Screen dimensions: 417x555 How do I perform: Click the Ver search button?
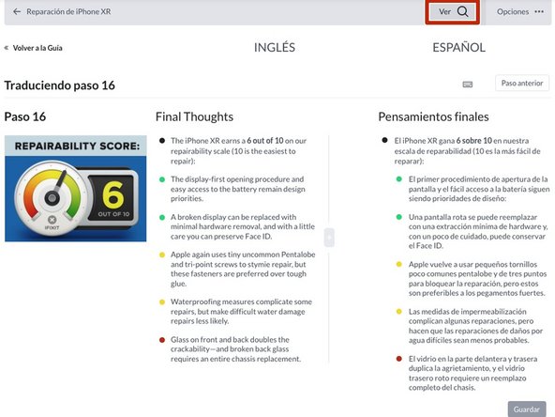(453, 12)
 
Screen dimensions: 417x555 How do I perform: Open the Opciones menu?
(519, 12)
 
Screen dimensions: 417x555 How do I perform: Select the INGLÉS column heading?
(275, 47)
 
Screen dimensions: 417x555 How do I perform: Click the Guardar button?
(526, 409)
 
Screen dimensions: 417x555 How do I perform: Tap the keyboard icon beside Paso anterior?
(468, 84)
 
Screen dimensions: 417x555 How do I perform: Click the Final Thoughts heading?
(194, 117)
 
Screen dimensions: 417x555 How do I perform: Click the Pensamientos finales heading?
(433, 117)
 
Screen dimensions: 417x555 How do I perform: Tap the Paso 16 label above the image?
(25, 117)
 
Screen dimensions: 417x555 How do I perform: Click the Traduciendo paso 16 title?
(60, 85)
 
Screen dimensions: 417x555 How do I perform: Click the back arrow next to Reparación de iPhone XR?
(17, 12)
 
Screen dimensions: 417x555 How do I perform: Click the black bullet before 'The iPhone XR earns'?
(161, 141)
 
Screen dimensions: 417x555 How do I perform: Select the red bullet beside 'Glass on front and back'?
(161, 339)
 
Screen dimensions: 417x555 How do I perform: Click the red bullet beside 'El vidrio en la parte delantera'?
(384, 358)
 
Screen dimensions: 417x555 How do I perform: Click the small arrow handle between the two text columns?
(328, 238)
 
